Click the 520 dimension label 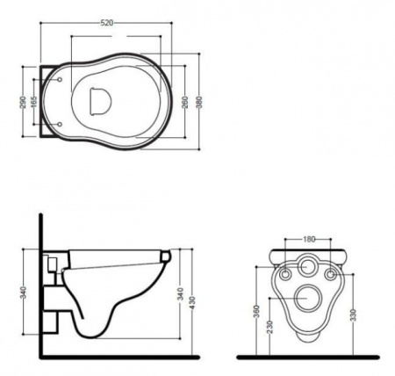tap(107, 23)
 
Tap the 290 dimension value tap(23, 102)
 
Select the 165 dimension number tap(34, 102)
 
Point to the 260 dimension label tap(185, 102)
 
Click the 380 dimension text tap(199, 102)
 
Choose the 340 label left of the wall tap(24, 293)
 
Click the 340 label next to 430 tap(181, 294)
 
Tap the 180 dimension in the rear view tap(308, 239)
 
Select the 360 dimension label tap(256, 312)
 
